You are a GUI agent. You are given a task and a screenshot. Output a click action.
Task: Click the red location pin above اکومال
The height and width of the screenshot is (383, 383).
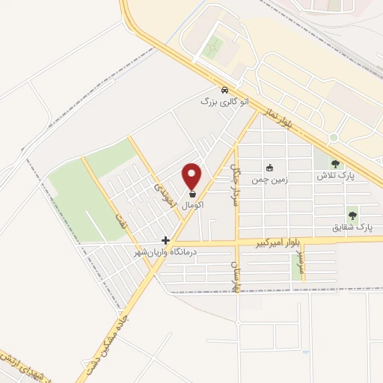pos(192,174)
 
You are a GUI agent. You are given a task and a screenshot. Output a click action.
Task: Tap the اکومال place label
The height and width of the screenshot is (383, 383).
pos(192,203)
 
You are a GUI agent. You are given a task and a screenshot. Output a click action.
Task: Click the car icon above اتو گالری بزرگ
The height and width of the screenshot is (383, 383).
pos(224,91)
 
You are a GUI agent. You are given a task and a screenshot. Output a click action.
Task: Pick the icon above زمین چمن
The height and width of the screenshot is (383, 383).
pos(269,168)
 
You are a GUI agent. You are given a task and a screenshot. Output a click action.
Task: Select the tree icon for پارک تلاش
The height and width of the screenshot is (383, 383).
pos(334,164)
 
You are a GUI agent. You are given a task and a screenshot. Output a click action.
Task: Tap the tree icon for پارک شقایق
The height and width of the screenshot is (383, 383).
pos(352,214)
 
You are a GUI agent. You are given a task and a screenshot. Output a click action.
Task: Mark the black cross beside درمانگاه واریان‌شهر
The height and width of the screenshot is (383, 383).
pos(165,241)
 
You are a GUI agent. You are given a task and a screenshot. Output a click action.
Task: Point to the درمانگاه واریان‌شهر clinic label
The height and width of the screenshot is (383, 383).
pos(164,253)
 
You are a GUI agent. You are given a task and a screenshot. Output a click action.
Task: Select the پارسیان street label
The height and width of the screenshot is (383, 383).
pos(235,278)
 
